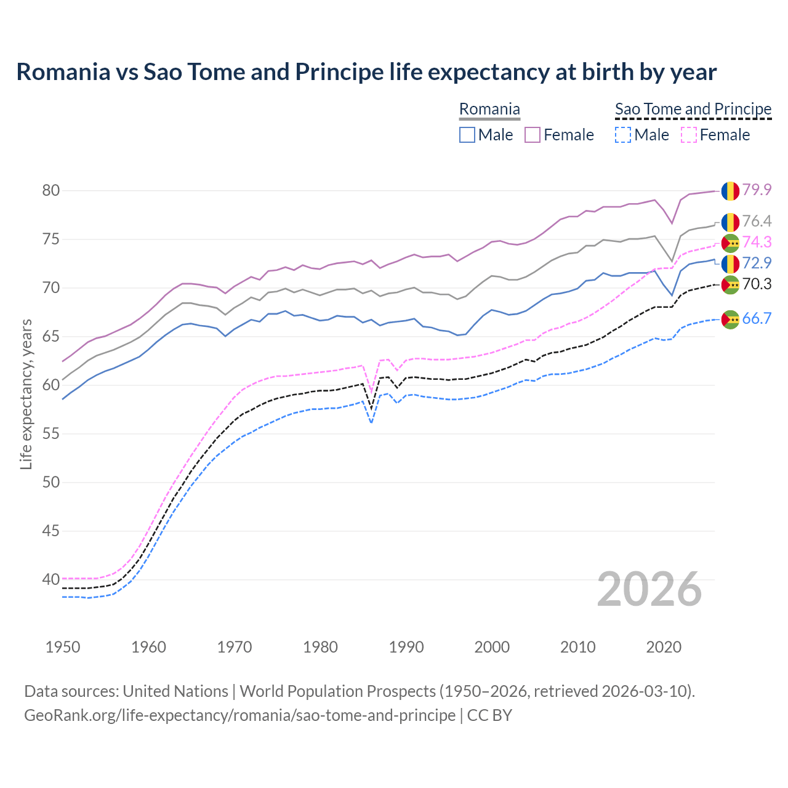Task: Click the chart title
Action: point(366,72)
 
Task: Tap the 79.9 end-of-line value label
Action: point(757,190)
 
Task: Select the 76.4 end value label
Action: point(757,221)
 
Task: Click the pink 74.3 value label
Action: point(757,242)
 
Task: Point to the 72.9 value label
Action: point(757,263)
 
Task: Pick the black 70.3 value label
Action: point(757,284)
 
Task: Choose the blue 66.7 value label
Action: point(757,318)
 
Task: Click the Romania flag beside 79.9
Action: point(730,191)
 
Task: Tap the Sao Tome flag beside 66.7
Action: point(730,320)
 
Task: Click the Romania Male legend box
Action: point(467,135)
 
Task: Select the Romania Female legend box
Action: point(533,135)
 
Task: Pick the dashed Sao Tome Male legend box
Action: point(623,135)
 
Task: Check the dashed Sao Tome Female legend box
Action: point(689,135)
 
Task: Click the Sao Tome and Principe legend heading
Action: point(693,109)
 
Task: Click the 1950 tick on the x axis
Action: point(63,647)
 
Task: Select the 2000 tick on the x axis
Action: point(492,647)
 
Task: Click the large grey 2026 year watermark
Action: point(649,589)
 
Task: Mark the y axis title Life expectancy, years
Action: point(26,394)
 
